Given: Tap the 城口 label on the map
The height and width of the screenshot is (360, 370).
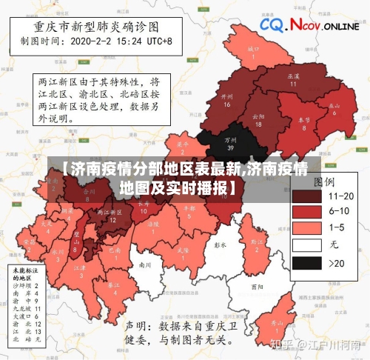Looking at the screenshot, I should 253,51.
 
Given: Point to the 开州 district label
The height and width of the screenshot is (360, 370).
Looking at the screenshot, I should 227,99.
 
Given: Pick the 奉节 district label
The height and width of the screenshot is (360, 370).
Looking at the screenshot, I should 303,122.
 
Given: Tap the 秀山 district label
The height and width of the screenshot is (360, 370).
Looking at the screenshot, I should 276,326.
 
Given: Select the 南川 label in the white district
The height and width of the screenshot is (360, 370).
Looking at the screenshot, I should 145,264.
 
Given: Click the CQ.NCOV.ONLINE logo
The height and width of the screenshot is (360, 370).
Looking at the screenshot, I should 309,26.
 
